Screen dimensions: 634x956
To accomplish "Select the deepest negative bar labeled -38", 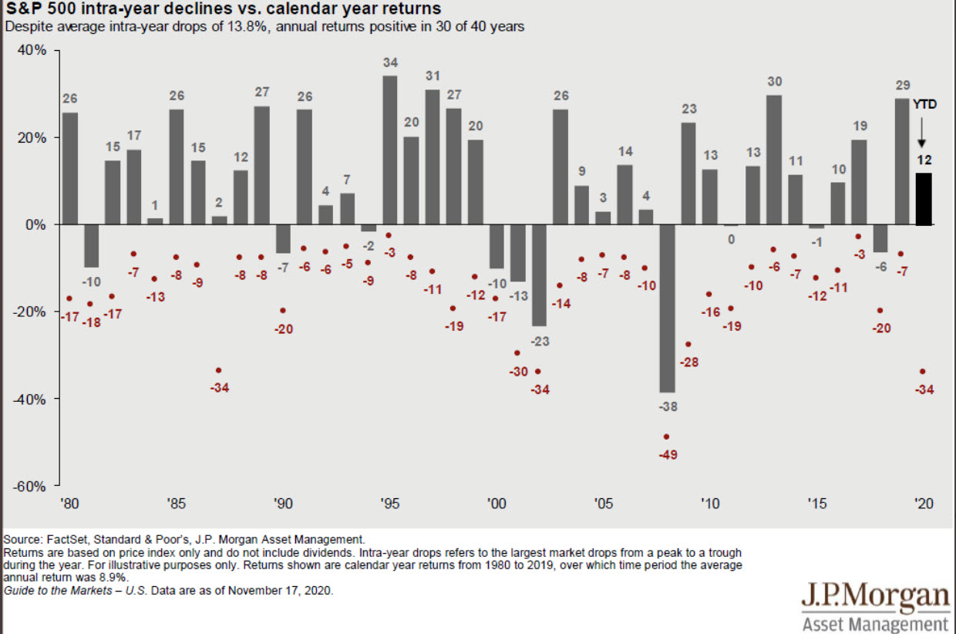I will click(x=667, y=309).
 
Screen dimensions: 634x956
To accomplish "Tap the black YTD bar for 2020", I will click(x=924, y=199).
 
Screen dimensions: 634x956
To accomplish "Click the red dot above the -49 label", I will click(x=667, y=437).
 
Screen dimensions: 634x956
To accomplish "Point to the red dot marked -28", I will click(x=688, y=344).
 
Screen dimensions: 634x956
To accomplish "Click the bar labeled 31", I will click(x=433, y=157).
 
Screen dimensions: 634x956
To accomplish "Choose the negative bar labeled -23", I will click(x=539, y=275).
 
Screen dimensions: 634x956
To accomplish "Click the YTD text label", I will click(x=924, y=103).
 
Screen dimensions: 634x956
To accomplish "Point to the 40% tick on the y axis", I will click(x=31, y=50).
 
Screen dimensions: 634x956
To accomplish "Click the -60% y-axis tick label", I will click(x=29, y=486).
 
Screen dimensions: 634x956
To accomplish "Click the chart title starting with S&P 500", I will click(x=223, y=9).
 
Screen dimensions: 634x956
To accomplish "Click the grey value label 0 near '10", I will click(x=731, y=239).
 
